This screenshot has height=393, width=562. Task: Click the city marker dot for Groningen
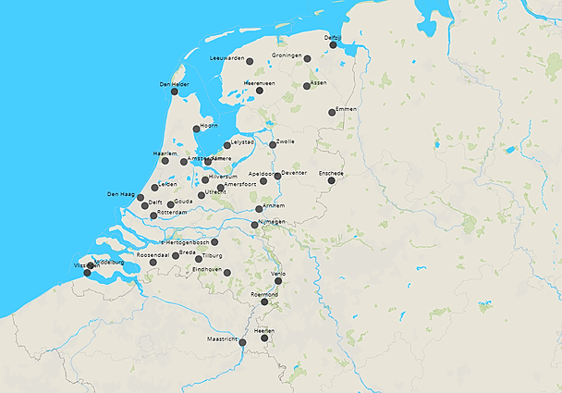tap(307, 58)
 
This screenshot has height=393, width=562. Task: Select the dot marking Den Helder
tap(175, 91)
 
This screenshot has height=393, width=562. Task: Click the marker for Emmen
tap(332, 113)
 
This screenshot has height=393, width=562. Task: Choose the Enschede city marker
tap(331, 179)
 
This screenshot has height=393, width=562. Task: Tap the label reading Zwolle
tap(285, 141)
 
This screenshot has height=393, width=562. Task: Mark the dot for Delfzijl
tap(334, 44)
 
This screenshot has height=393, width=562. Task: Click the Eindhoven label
tap(207, 269)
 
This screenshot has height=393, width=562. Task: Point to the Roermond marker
tap(264, 301)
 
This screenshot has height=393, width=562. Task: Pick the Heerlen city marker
tap(265, 338)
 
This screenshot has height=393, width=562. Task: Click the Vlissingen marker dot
tap(88, 272)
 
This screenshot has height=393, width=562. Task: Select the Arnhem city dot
tap(260, 209)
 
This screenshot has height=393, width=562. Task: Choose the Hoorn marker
tap(196, 129)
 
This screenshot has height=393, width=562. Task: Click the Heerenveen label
tap(260, 83)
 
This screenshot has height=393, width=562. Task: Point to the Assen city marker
tap(307, 86)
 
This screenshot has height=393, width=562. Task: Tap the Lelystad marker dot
tap(227, 145)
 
